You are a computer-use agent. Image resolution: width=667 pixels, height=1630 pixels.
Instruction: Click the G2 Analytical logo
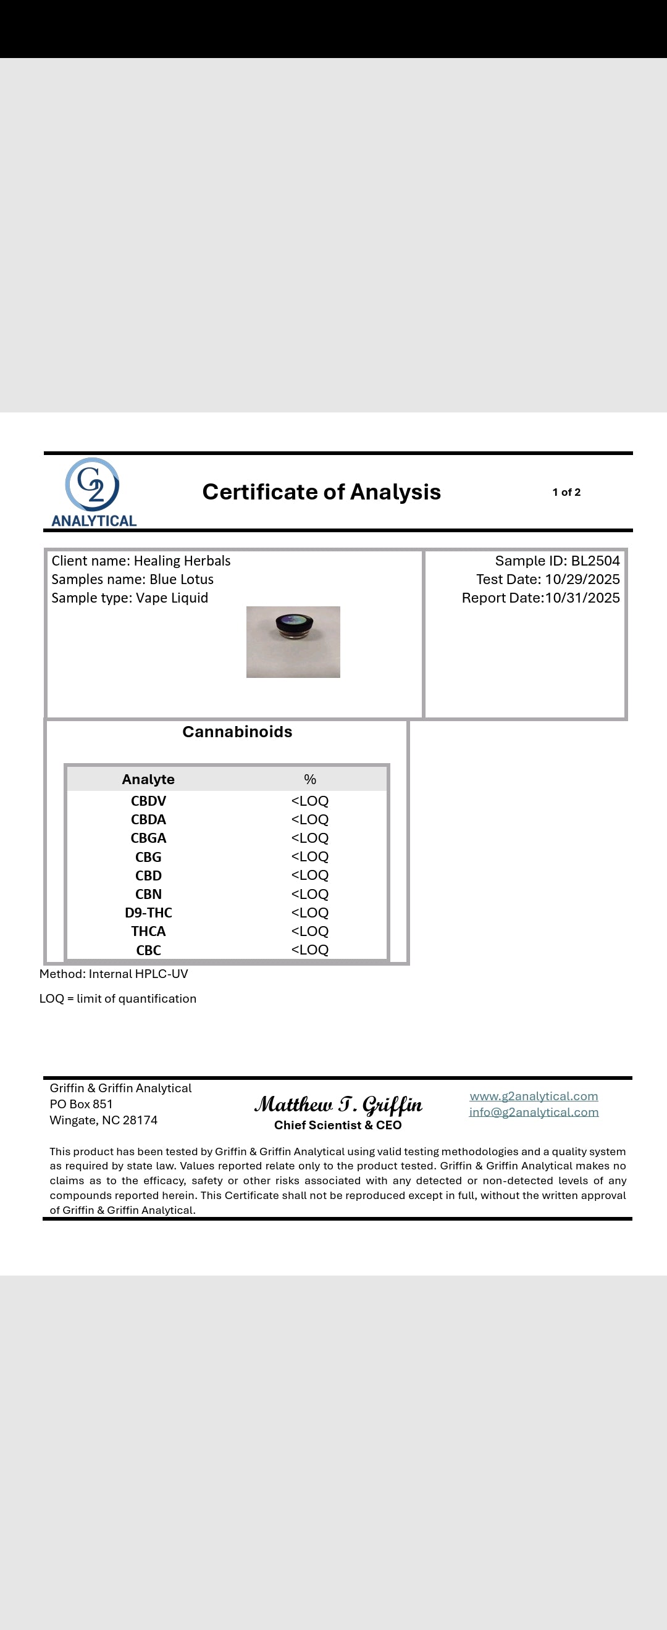(x=94, y=492)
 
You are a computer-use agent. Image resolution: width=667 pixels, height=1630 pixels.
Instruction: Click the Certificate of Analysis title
(x=322, y=491)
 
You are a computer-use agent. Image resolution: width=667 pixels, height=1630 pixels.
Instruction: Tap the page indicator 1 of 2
(x=566, y=491)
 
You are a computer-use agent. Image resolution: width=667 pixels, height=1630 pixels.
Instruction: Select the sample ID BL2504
(x=595, y=561)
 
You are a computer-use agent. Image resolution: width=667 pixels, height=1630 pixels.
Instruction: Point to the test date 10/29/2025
(x=582, y=579)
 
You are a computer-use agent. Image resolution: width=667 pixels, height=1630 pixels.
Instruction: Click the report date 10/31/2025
(x=582, y=598)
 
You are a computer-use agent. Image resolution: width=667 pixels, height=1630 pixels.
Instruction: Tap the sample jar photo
(x=293, y=642)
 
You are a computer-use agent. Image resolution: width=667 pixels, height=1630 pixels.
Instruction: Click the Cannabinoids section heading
(x=237, y=732)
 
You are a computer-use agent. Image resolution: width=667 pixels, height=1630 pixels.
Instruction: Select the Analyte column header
(x=148, y=779)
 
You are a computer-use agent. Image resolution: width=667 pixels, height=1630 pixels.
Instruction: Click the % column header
(x=310, y=779)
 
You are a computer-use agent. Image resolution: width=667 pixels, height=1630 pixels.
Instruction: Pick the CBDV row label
(x=148, y=801)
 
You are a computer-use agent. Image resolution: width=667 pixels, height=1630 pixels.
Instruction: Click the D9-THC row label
(x=148, y=913)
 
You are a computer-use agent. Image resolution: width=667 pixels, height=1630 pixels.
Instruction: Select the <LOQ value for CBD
(x=310, y=875)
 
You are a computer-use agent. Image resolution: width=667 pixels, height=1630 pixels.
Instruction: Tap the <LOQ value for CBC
(x=310, y=950)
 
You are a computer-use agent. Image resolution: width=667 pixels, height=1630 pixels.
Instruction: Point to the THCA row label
(x=148, y=932)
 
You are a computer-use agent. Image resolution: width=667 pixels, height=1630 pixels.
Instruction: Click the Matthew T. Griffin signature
(x=338, y=1105)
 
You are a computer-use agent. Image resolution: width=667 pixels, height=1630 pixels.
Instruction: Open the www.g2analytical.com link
(x=534, y=1096)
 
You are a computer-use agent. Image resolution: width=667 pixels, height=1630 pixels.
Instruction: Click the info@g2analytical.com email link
(x=534, y=1112)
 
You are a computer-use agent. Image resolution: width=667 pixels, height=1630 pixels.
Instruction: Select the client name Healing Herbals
(x=182, y=561)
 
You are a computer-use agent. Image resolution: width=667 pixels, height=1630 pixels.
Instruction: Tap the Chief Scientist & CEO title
(x=338, y=1125)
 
